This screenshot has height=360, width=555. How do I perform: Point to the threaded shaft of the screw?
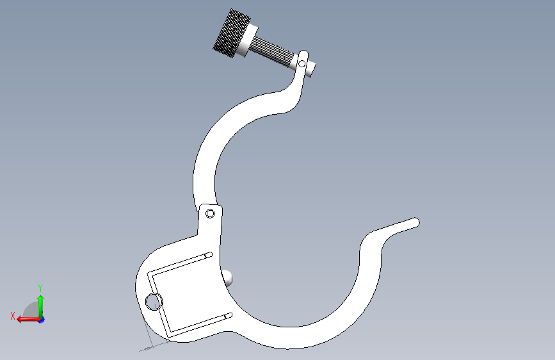click(x=273, y=51)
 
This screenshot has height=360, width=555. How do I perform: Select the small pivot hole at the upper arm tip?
click(x=302, y=64)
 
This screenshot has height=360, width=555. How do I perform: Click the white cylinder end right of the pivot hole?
click(x=310, y=69)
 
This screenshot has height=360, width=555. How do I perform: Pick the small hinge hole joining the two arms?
click(x=210, y=214)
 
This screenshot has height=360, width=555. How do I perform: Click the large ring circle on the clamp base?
click(x=154, y=302)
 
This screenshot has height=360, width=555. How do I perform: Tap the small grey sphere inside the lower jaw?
click(x=227, y=278)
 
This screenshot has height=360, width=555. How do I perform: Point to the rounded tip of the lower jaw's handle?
click(x=417, y=222)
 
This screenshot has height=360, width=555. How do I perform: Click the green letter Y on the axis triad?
click(x=40, y=288)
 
